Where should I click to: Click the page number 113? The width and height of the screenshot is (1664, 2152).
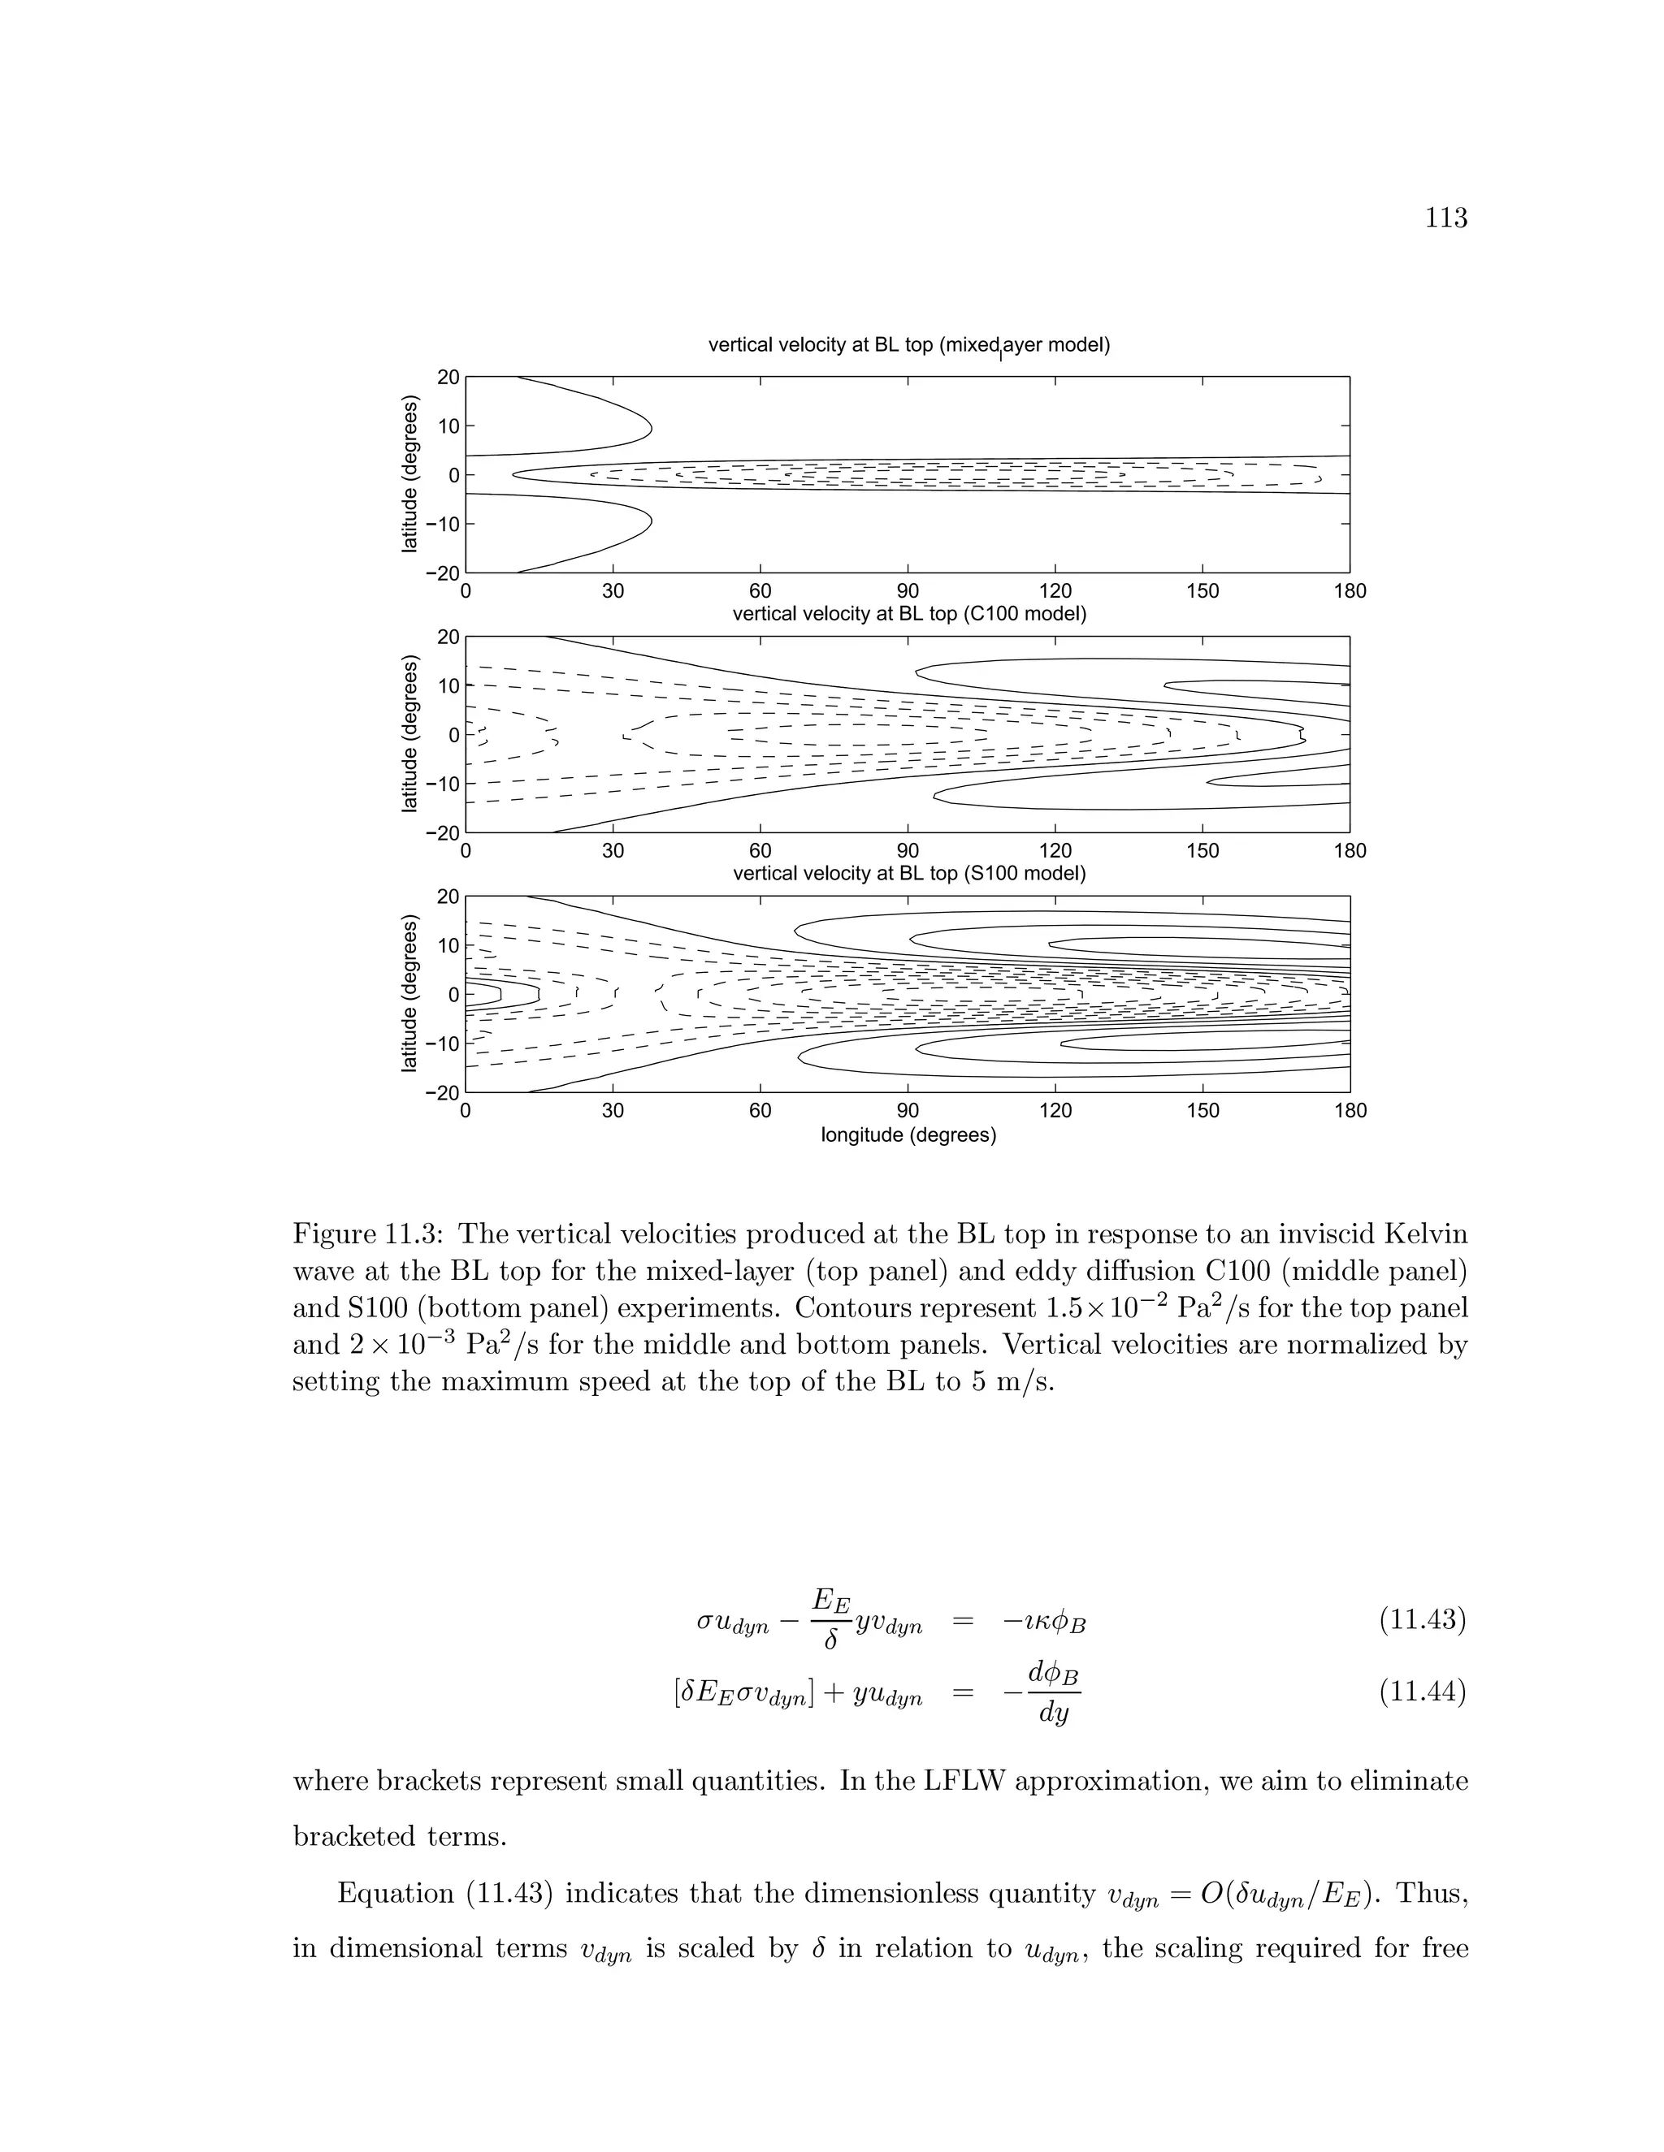coord(1446,218)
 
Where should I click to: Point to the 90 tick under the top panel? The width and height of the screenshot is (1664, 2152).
coord(908,591)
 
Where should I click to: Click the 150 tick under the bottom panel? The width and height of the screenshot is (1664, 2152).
coord(1202,1110)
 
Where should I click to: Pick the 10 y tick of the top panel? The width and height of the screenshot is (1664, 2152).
coord(448,426)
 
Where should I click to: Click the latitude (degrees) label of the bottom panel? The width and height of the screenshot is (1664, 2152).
coord(410,993)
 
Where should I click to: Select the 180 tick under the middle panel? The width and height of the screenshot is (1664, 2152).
coord(1350,851)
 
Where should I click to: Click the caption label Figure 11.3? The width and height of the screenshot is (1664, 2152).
coord(370,1234)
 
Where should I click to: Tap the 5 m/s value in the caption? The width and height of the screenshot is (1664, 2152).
coord(1009,1381)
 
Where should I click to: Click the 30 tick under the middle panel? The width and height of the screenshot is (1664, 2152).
coord(612,851)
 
